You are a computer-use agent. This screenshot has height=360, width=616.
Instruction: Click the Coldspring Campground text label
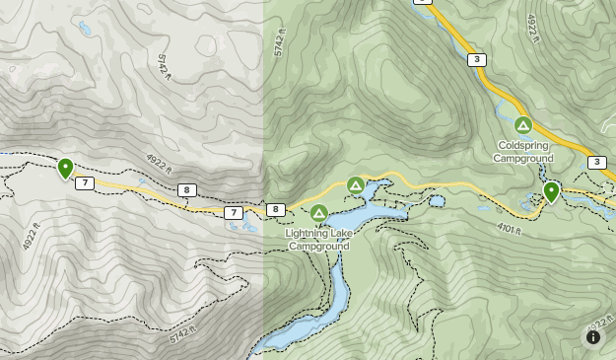(523, 152)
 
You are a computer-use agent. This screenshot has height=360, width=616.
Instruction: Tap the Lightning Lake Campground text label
(318, 240)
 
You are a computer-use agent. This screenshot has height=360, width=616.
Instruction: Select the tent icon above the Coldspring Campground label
(523, 125)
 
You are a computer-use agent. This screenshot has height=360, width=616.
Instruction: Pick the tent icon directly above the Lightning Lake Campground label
(318, 213)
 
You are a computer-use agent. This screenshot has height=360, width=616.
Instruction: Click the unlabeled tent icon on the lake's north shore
(356, 185)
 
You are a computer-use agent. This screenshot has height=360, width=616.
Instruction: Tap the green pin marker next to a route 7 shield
(65, 169)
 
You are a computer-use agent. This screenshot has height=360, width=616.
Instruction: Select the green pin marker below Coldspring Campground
(551, 191)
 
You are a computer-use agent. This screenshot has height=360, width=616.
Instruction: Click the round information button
(593, 337)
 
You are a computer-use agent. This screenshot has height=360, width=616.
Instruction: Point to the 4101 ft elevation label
(509, 229)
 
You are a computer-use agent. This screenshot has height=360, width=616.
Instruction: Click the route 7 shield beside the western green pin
(85, 183)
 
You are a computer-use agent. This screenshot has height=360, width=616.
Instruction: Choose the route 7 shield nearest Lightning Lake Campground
(233, 213)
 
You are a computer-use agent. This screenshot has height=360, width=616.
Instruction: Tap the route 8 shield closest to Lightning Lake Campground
(276, 209)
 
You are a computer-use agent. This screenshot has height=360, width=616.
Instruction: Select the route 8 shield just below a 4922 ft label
(187, 190)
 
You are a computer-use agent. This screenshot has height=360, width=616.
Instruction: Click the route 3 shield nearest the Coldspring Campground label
(477, 60)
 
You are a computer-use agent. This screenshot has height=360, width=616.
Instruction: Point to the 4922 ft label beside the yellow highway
(532, 28)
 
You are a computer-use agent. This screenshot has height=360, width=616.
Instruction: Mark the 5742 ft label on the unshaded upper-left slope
(165, 66)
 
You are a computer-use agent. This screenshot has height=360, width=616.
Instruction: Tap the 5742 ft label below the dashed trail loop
(183, 335)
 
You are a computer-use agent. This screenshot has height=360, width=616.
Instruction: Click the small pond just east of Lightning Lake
(437, 201)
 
